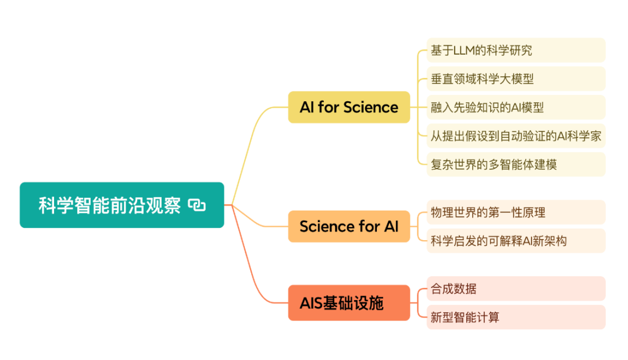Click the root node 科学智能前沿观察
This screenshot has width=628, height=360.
click(122, 205)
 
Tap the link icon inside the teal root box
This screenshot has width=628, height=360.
click(197, 205)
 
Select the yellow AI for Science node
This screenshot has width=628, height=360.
click(349, 108)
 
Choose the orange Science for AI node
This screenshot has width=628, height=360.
click(349, 226)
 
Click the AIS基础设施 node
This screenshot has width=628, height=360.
click(349, 303)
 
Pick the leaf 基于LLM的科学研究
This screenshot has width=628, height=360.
click(516, 50)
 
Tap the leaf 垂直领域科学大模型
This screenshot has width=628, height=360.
click(516, 79)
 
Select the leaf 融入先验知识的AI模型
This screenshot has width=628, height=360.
click(516, 108)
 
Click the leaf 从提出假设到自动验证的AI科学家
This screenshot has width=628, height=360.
click(516, 136)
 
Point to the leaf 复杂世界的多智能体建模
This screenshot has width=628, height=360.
click(516, 165)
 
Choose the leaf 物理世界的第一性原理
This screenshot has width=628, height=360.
click(516, 212)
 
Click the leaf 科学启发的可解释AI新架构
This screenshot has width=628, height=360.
click(516, 241)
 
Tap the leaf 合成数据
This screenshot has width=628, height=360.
click(516, 288)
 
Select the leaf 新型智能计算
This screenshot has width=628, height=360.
click(516, 317)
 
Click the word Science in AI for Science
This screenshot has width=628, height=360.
click(371, 108)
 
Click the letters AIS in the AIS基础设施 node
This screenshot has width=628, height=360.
click(311, 303)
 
